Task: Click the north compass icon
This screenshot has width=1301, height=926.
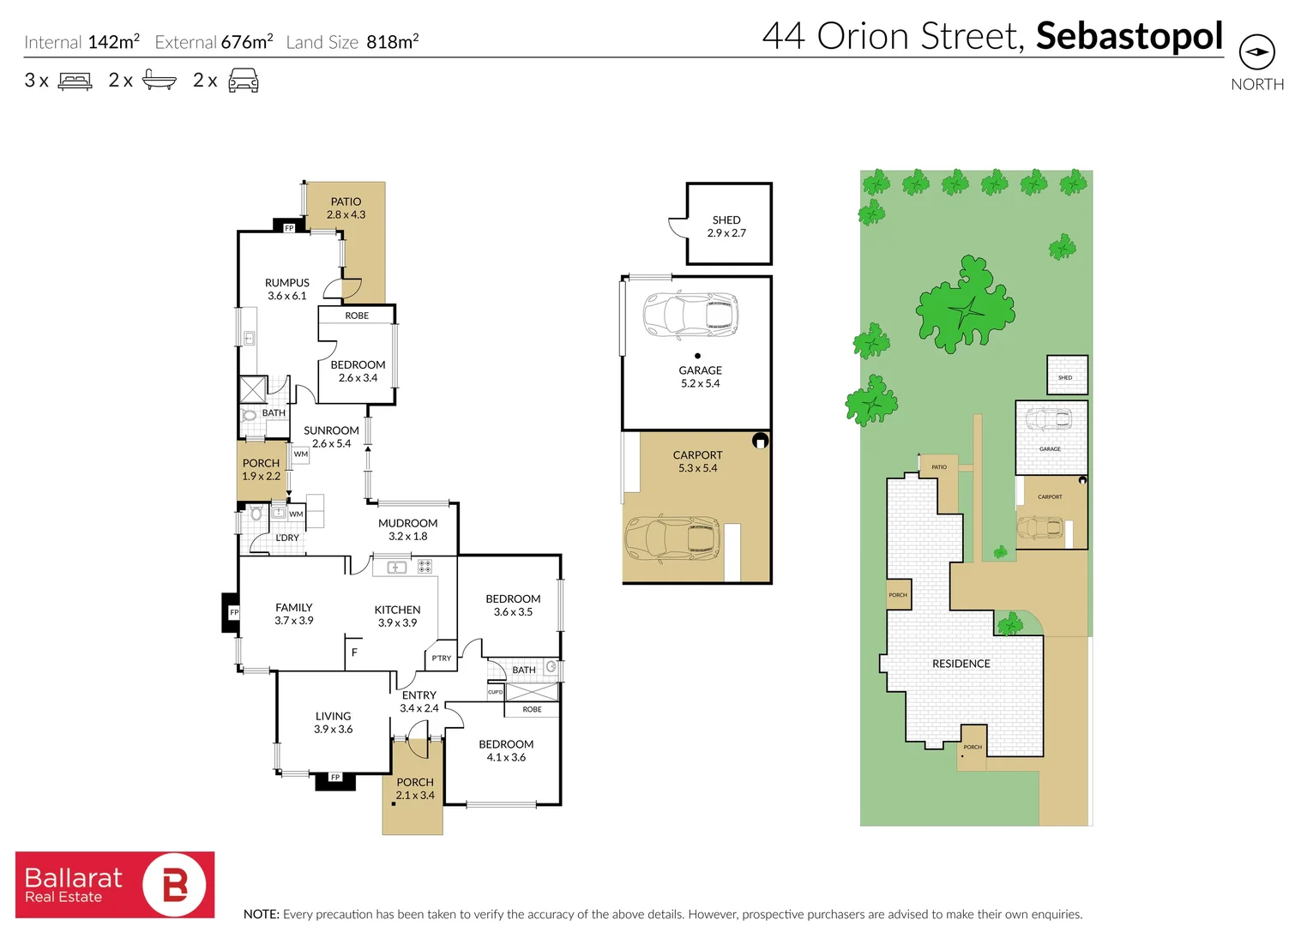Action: click(x=1256, y=52)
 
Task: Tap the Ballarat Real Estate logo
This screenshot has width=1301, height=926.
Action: click(x=115, y=884)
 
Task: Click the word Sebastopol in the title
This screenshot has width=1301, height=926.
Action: click(x=1129, y=36)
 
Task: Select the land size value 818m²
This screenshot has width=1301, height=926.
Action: click(x=392, y=42)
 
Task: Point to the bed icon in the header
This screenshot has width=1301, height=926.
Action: click(x=75, y=81)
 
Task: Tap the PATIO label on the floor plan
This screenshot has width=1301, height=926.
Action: click(x=346, y=202)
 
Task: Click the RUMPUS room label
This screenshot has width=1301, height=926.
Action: click(x=286, y=283)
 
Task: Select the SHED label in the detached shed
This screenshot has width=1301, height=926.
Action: click(x=726, y=220)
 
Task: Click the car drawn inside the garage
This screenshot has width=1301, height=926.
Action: click(x=690, y=314)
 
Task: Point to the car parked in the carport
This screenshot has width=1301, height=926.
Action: click(x=672, y=538)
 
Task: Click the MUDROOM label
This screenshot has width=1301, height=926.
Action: click(x=407, y=523)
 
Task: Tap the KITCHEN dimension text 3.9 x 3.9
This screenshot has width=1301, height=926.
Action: click(x=397, y=623)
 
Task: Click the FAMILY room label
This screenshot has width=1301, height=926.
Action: click(x=293, y=608)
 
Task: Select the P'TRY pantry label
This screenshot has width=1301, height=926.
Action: click(x=441, y=658)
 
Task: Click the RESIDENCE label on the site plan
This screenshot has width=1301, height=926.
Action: click(x=961, y=664)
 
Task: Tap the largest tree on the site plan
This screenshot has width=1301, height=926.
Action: click(x=965, y=307)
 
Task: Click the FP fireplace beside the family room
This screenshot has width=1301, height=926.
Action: click(x=232, y=613)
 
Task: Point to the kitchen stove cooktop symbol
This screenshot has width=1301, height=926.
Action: click(x=425, y=567)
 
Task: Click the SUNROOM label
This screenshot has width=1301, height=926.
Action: click(x=331, y=431)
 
